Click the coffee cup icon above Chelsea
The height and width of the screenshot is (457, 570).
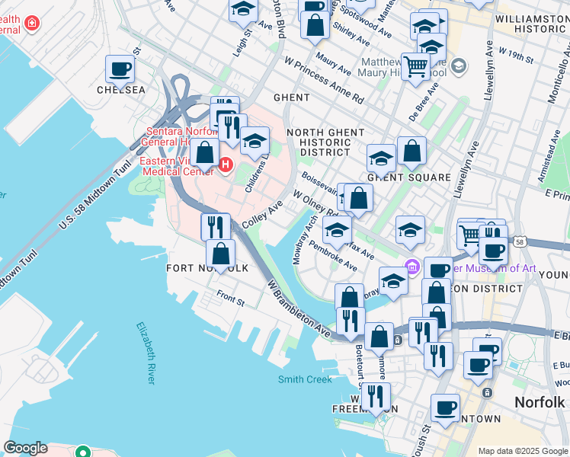pyautogui.click(x=120, y=70)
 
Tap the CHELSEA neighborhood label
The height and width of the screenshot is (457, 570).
pyautogui.click(x=120, y=90)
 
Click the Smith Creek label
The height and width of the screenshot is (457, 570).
pyautogui.click(x=305, y=379)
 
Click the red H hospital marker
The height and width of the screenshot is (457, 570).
pyautogui.click(x=226, y=164)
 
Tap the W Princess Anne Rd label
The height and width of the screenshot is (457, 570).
pyautogui.click(x=323, y=80)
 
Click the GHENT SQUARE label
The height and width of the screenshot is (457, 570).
pyautogui.click(x=408, y=177)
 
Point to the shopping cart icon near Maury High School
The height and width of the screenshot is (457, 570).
pyautogui.click(x=415, y=67)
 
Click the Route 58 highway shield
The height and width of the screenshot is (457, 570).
pyautogui.click(x=518, y=241)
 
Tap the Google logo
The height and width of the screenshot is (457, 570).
pyautogui.click(x=25, y=448)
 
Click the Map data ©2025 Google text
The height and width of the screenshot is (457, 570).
pyautogui.click(x=522, y=451)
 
